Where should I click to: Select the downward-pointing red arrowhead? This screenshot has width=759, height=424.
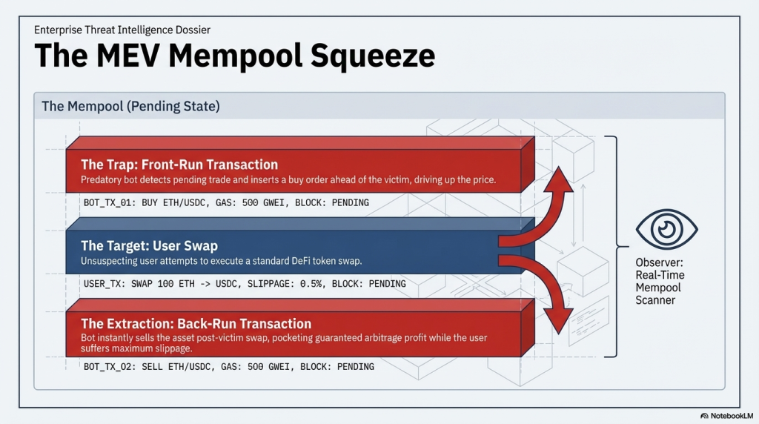click(560, 318)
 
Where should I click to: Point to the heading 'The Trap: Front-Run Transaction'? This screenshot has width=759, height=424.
click(179, 165)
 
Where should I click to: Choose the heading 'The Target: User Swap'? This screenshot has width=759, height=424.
click(149, 246)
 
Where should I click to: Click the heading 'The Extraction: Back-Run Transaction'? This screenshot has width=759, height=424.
click(196, 324)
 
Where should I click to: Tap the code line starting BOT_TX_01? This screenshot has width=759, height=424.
click(226, 202)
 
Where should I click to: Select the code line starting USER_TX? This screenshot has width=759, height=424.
click(245, 283)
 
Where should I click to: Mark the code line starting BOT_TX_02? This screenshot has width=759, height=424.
click(228, 366)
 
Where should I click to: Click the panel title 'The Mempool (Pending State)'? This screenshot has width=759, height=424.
click(130, 107)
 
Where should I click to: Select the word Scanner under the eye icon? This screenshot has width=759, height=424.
click(656, 300)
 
